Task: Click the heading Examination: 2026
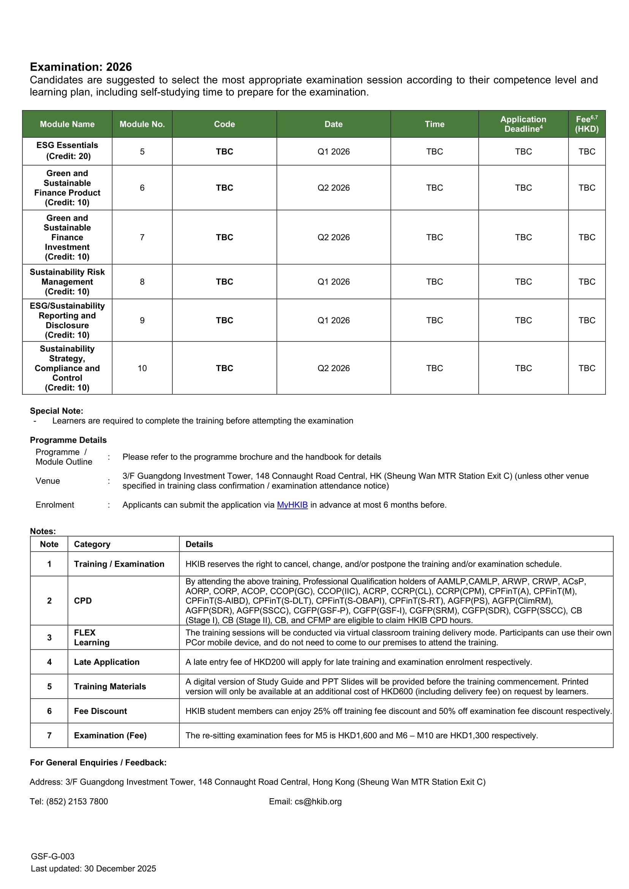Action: [x=81, y=67]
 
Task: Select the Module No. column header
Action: [x=142, y=124]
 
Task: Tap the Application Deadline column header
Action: [x=523, y=124]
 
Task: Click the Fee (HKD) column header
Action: [x=586, y=124]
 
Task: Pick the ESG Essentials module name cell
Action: [x=67, y=151]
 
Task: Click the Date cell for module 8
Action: [x=333, y=282]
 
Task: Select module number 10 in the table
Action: [x=142, y=368]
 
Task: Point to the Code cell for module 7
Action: [x=224, y=237]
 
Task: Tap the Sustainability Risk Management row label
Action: [x=67, y=282]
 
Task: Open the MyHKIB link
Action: [x=292, y=505]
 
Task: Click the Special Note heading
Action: [x=57, y=411]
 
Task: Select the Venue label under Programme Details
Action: [x=47, y=481]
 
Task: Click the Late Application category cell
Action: [x=106, y=662]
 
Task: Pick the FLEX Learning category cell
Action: [x=92, y=637]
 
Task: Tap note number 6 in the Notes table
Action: [x=49, y=711]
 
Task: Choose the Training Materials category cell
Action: [x=110, y=687]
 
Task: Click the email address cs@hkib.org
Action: [x=318, y=802]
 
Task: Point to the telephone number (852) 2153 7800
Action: [x=77, y=802]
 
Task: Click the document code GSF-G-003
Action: [x=53, y=856]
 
